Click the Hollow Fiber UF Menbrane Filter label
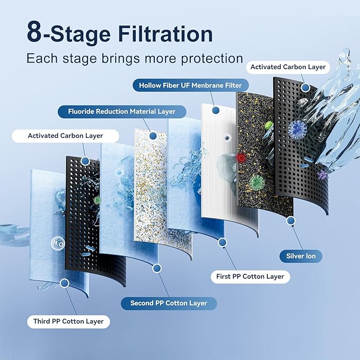tap(190, 85)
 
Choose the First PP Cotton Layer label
tap(250, 276)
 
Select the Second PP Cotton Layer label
tap(168, 303)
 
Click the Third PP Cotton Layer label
tap(69, 321)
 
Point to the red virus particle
tap(241, 157)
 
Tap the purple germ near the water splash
tap(321, 174)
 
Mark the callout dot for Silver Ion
tap(290, 219)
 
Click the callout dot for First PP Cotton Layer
tap(222, 242)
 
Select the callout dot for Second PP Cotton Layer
tap(156, 268)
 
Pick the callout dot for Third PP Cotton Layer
tap(64, 284)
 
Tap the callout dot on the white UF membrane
tap(216, 110)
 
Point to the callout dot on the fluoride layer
tap(153, 136)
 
